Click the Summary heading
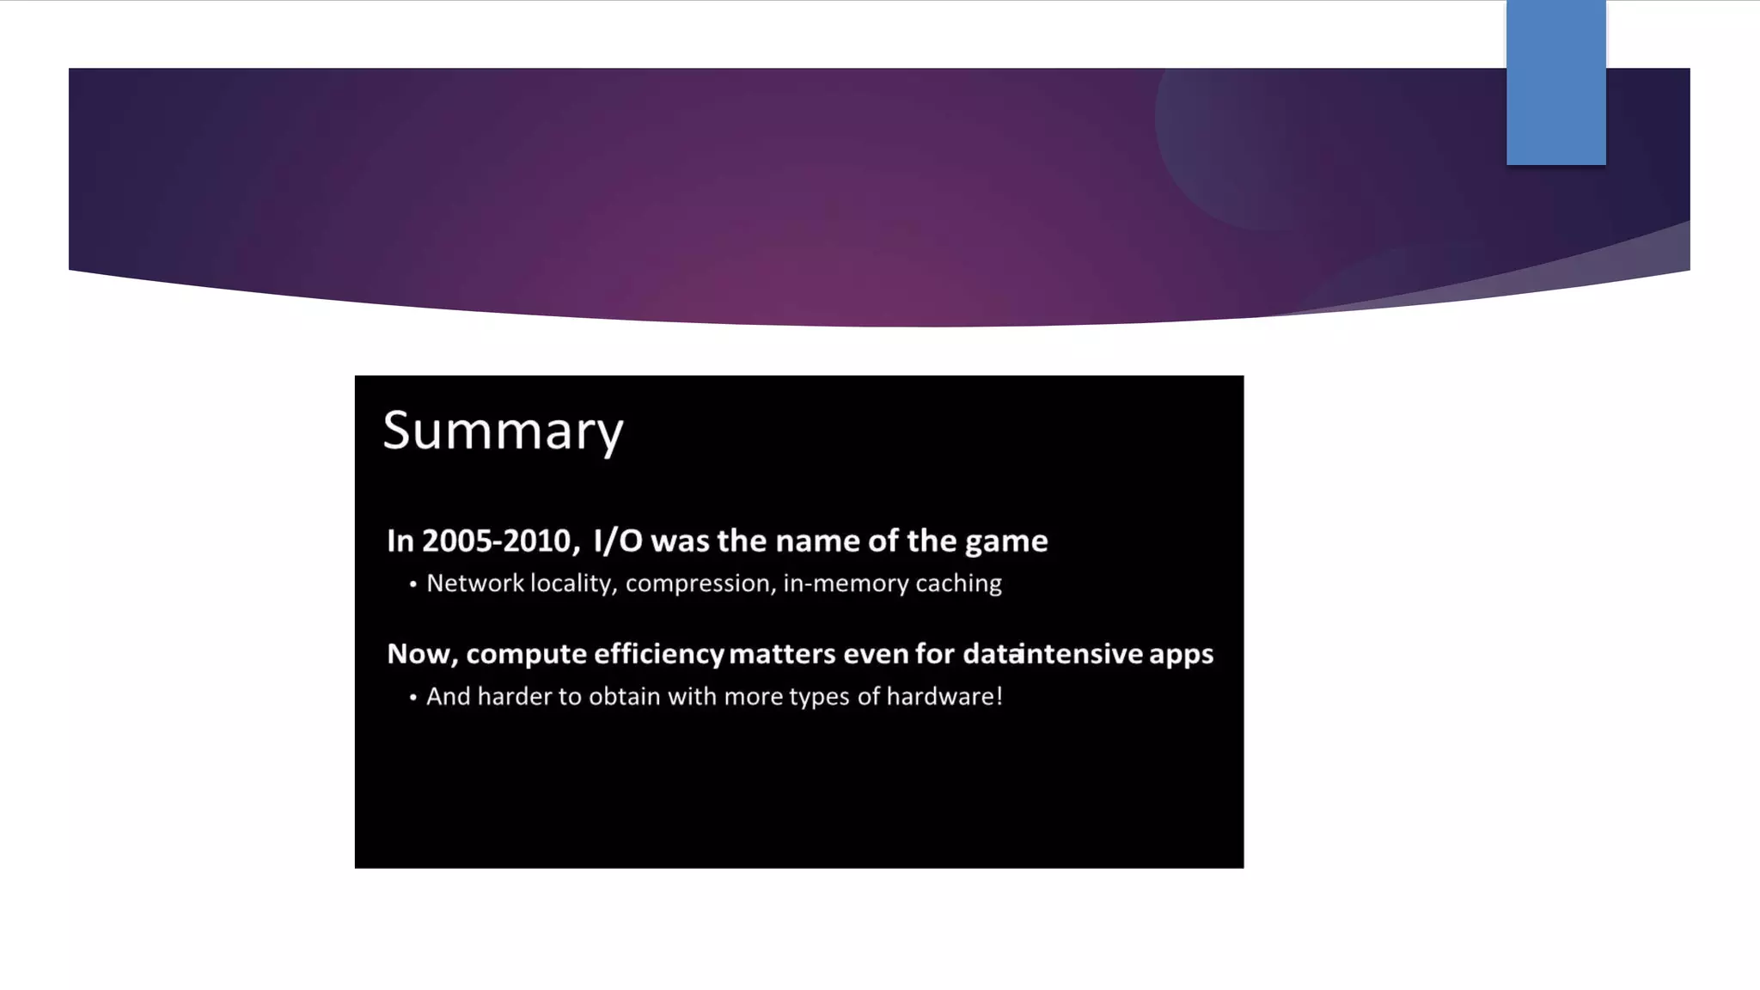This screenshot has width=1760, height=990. click(503, 431)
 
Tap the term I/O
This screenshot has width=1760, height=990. click(618, 541)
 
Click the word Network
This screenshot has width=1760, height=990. click(475, 584)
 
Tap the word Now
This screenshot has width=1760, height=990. click(420, 655)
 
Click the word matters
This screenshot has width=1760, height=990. click(782, 655)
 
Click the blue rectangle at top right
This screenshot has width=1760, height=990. click(1555, 82)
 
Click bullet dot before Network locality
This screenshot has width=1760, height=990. click(413, 585)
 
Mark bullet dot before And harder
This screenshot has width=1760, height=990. click(413, 698)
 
